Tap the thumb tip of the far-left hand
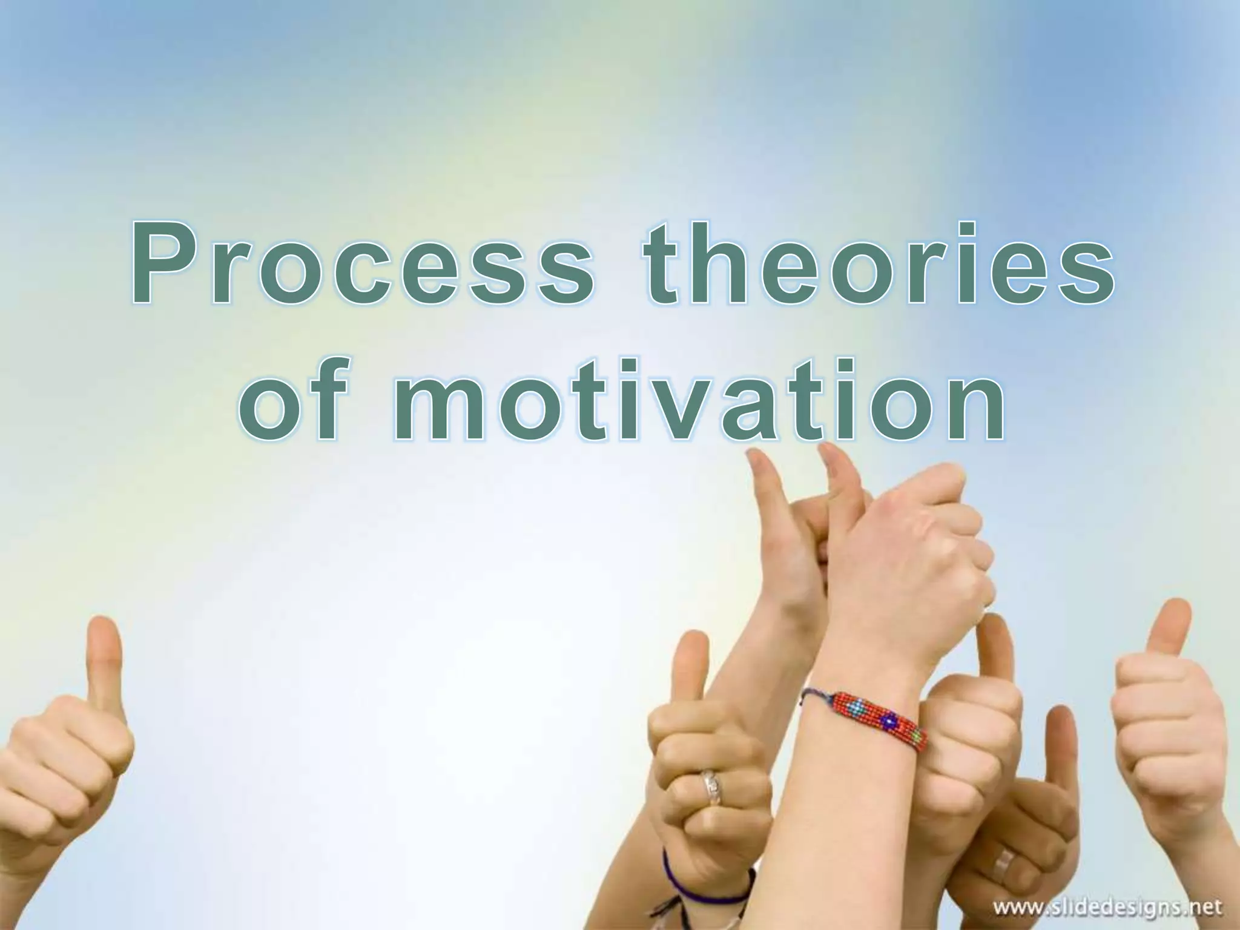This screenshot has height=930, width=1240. [103, 630]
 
